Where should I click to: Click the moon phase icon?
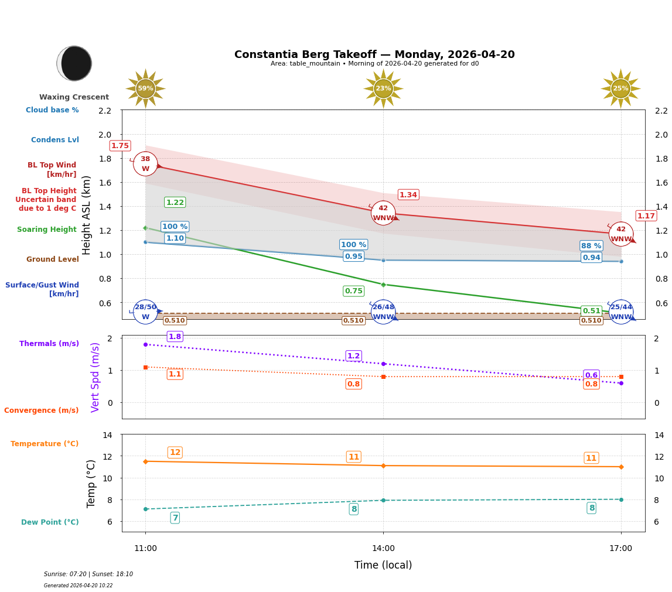tap(74, 63)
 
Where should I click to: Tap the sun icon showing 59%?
tap(145, 88)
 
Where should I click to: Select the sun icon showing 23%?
tap(383, 88)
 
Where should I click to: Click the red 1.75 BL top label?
tap(120, 146)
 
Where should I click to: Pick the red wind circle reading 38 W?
tap(145, 164)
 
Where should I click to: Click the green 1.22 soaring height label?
tap(175, 203)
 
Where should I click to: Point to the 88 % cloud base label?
tap(591, 246)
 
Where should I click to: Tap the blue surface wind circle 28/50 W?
tap(145, 312)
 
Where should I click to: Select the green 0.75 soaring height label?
tap(353, 291)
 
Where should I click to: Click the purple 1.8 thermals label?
tap(175, 337)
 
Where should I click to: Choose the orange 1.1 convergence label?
tap(175, 374)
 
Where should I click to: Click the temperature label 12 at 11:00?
tap(175, 453)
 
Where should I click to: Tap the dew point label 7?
tap(175, 518)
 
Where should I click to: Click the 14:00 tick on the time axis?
tap(383, 549)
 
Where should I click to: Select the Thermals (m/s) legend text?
tap(49, 344)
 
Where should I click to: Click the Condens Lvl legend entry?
tap(55, 140)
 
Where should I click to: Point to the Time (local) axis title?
tap(383, 565)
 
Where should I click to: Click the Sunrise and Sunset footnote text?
tap(88, 574)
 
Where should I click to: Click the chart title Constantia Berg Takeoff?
tap(374, 54)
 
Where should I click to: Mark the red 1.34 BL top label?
tap(408, 195)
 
